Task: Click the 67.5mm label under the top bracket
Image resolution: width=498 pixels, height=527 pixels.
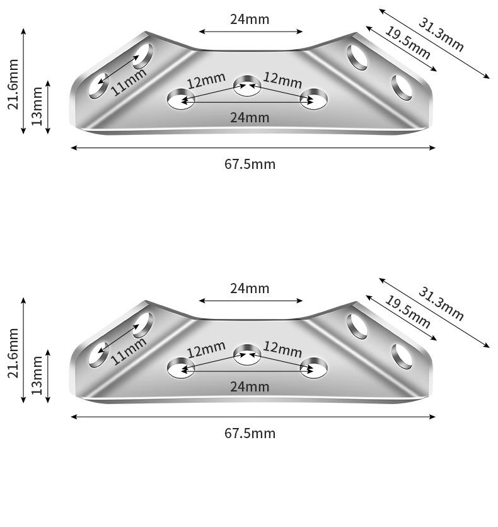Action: click(x=250, y=165)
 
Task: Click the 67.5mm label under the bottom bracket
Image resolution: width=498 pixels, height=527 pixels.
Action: click(x=250, y=434)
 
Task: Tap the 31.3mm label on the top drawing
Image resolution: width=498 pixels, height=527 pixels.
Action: click(x=441, y=35)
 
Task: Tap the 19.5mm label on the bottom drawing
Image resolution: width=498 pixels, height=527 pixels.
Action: click(x=407, y=312)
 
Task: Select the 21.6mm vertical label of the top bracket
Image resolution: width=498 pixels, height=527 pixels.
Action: click(x=13, y=83)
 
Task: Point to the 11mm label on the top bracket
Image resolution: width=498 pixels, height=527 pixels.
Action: click(x=129, y=81)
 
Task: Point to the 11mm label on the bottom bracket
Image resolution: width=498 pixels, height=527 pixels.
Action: click(x=129, y=350)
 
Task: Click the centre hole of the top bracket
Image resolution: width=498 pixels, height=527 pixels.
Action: click(x=247, y=87)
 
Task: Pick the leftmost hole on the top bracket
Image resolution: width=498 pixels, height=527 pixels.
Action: click(x=98, y=86)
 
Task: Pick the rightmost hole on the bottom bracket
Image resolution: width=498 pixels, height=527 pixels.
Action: click(x=402, y=356)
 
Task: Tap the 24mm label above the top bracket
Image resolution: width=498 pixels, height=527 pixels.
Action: click(x=250, y=19)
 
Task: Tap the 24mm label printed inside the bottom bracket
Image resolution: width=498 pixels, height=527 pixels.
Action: click(x=250, y=386)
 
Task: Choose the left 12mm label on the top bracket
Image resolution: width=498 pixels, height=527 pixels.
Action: click(x=206, y=81)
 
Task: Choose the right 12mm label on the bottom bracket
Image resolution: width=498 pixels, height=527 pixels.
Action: click(x=282, y=349)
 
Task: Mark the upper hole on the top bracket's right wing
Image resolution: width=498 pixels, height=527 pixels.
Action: click(x=358, y=58)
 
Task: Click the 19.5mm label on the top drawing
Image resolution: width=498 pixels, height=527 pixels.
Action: click(x=407, y=43)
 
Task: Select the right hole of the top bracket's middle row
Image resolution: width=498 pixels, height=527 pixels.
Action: click(x=313, y=99)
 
